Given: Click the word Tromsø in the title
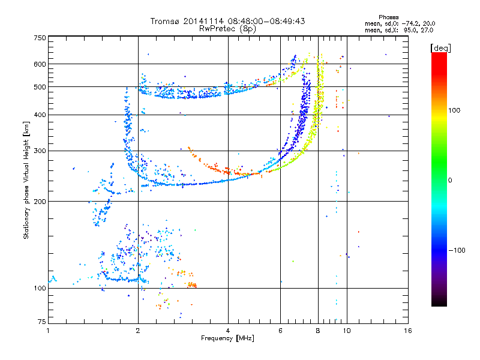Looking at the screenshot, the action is (x=166, y=21).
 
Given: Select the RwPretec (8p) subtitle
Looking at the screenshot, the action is (x=228, y=29).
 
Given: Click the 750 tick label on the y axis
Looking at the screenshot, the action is (x=40, y=38).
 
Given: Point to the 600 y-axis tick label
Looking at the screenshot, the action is (x=40, y=64).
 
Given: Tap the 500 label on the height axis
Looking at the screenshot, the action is (x=40, y=87).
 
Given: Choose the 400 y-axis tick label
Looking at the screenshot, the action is (x=40, y=115).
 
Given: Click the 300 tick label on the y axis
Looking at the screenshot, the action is (x=40, y=151).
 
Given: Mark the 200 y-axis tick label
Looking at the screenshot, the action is (x=40, y=202).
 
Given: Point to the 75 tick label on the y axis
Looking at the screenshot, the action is (x=42, y=322).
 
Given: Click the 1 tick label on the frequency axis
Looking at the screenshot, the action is (x=48, y=331).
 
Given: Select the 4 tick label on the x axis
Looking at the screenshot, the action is (x=228, y=331).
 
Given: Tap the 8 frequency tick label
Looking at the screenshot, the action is (x=318, y=331).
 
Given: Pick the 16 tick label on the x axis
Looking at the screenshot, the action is (x=408, y=331).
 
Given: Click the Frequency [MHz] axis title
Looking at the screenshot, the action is (x=228, y=338).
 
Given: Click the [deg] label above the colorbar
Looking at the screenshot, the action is (x=440, y=48).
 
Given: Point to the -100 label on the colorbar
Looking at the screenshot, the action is (x=457, y=250).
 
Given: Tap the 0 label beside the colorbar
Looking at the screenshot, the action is (x=450, y=181).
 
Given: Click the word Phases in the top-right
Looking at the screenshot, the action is (x=389, y=17).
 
